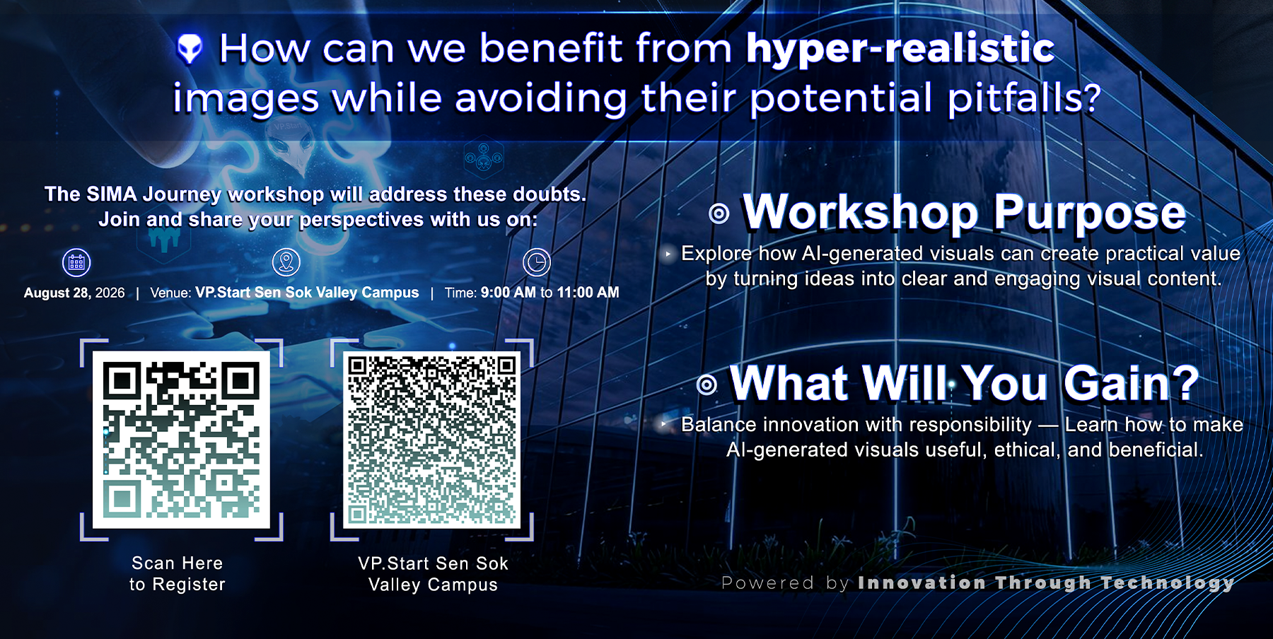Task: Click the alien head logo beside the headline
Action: point(190,49)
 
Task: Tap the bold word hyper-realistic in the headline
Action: point(900,49)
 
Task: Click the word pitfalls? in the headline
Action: point(1024,98)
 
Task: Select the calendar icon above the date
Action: point(76,263)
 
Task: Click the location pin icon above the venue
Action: point(286,262)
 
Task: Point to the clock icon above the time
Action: point(537,262)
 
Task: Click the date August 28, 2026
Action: point(74,293)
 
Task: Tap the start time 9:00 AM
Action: point(508,293)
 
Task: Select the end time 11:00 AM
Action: point(588,293)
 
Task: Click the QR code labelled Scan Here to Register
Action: point(181,440)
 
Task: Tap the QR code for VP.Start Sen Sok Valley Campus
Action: point(432,440)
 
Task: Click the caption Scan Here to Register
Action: point(178,574)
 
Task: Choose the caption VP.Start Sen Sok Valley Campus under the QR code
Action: point(433,574)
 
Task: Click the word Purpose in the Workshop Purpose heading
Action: point(1090,213)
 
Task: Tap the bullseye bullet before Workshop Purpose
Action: point(719,213)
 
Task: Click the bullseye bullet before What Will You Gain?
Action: point(707,385)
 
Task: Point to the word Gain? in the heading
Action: point(1132,383)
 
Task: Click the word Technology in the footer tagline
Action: point(1168,583)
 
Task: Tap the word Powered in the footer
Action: point(767,583)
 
